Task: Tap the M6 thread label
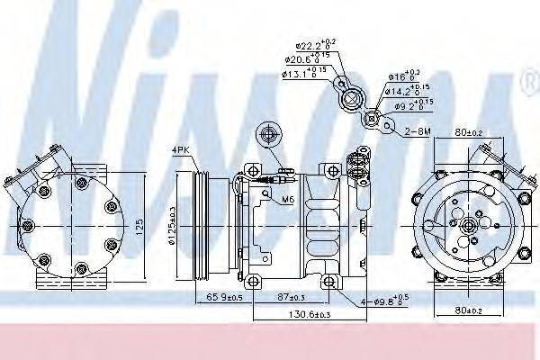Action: (x=287, y=200)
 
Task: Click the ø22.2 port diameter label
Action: (x=305, y=45)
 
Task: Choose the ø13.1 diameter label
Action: (x=302, y=74)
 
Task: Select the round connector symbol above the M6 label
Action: (x=267, y=136)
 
